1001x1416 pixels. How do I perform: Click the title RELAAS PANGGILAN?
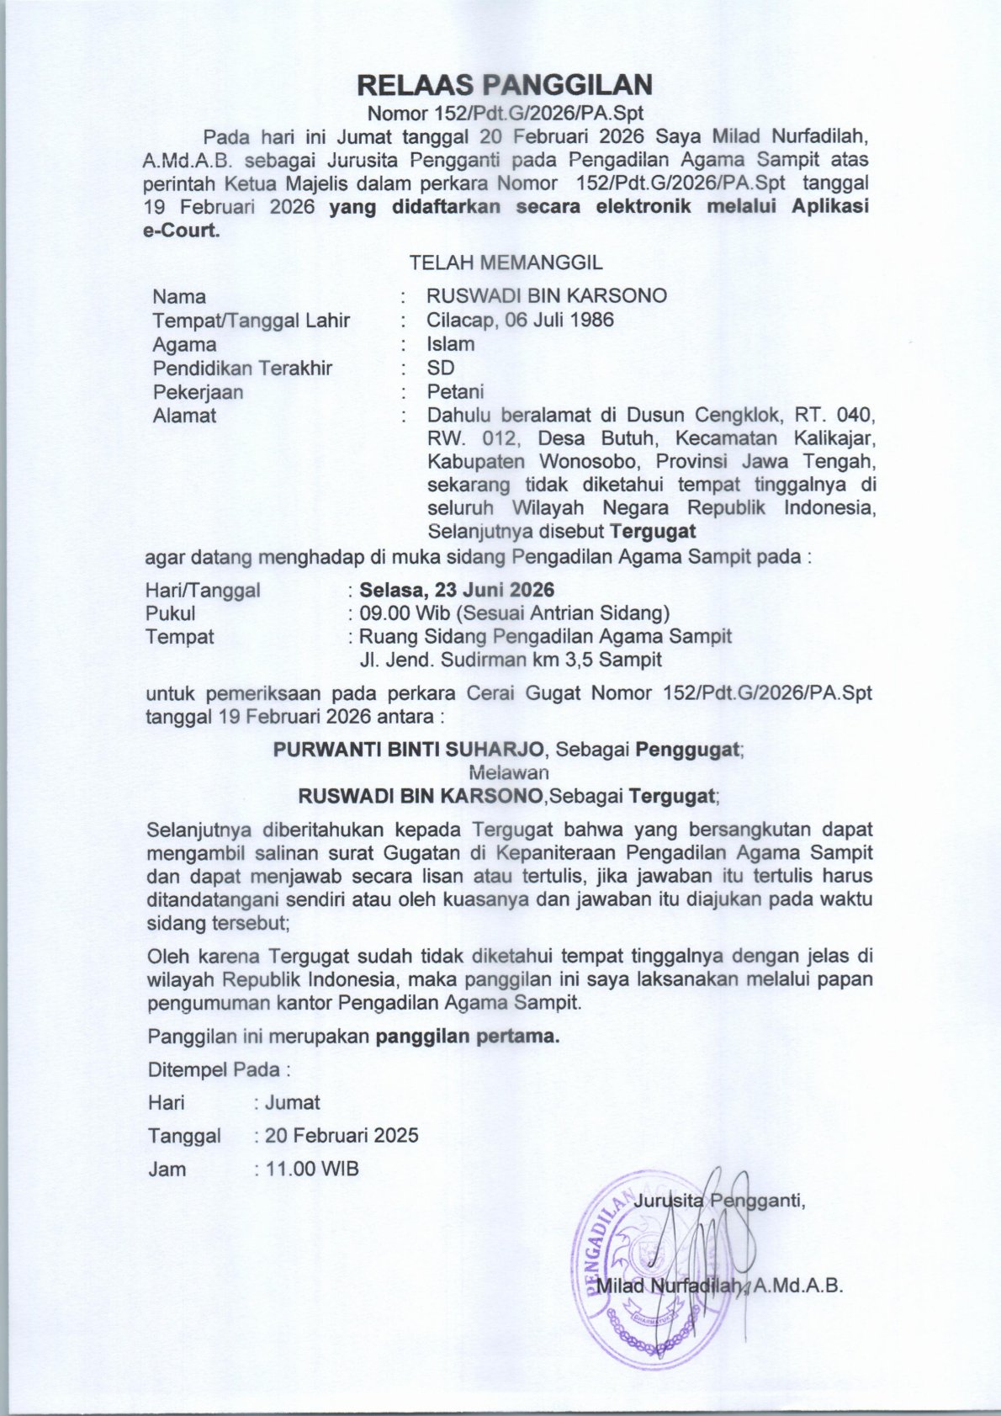point(505,85)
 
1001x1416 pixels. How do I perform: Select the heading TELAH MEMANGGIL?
point(506,263)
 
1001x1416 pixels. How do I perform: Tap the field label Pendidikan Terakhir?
point(242,368)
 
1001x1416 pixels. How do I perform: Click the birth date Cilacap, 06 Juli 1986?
point(520,320)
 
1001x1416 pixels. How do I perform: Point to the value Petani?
point(455,391)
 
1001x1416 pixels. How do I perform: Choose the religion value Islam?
point(450,343)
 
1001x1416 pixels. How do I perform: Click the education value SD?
point(440,368)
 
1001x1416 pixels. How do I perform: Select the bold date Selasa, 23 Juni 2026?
point(457,590)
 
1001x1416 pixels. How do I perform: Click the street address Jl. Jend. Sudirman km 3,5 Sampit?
point(511,660)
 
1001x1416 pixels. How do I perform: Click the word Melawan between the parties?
point(509,772)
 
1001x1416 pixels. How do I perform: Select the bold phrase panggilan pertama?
point(467,1036)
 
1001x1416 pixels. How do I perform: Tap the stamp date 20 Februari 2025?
point(342,1135)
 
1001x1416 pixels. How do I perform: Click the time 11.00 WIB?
point(312,1169)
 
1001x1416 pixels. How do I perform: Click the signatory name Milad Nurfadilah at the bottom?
point(669,1286)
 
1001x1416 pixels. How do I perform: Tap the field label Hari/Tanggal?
point(203,590)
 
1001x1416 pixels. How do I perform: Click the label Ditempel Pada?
point(218,1069)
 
